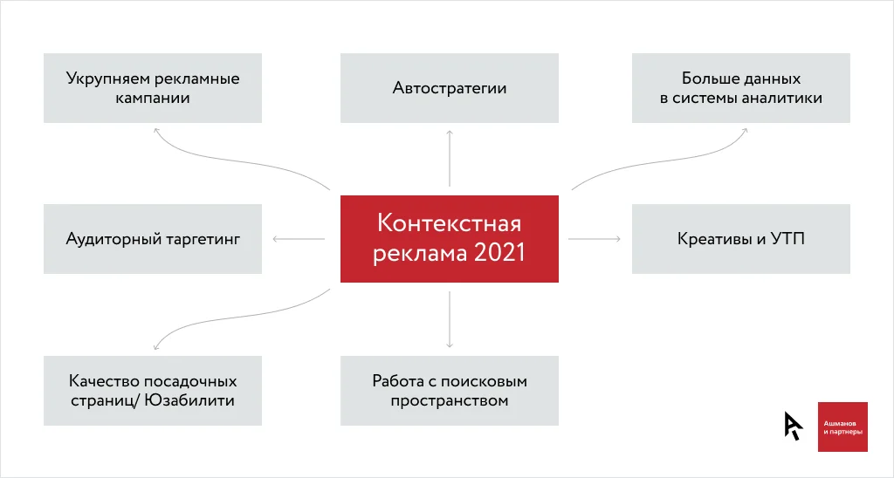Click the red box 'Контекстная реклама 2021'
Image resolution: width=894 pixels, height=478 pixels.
(450, 239)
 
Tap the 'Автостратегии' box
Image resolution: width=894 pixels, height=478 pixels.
(450, 88)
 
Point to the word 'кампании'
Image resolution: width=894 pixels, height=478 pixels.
(152, 98)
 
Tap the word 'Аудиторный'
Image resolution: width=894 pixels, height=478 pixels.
(111, 239)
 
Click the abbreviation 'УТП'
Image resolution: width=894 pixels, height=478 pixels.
(787, 239)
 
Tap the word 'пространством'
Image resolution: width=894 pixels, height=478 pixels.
(450, 401)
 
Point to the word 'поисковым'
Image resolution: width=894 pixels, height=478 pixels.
(484, 382)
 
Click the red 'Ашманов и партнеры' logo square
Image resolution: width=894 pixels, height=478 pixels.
(842, 427)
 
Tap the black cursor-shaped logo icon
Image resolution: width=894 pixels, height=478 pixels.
(793, 426)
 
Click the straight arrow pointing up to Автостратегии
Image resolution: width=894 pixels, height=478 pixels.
(450, 158)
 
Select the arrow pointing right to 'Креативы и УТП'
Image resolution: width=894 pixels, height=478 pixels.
(595, 239)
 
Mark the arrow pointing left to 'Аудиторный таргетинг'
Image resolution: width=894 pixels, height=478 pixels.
(299, 239)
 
